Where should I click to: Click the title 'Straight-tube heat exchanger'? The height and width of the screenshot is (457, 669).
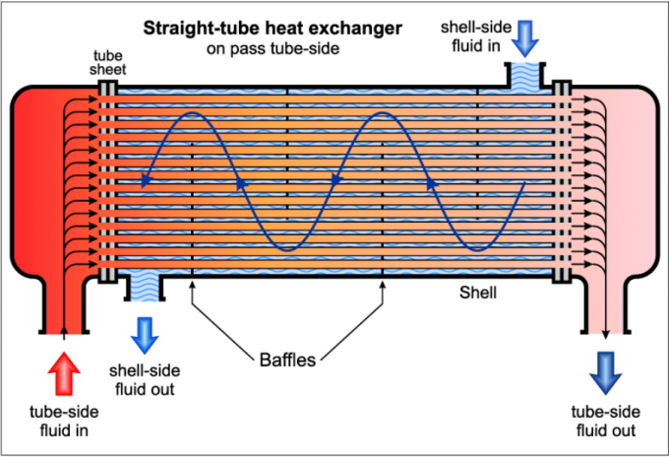273,29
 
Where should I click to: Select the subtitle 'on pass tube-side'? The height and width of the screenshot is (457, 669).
273,48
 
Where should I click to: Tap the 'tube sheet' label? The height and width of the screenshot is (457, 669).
108,62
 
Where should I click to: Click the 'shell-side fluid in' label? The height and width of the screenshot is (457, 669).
476,36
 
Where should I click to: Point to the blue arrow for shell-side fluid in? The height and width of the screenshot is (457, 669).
524,38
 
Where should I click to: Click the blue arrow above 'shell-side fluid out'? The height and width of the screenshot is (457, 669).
145,335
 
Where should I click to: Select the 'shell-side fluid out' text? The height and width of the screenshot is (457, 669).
145,380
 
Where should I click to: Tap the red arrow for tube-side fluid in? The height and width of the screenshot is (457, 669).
64,373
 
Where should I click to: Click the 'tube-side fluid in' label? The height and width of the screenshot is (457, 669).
64,422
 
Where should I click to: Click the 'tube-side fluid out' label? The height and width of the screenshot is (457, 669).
605,422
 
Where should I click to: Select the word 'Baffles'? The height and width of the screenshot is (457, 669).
287,359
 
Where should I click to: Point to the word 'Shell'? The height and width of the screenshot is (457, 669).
478,293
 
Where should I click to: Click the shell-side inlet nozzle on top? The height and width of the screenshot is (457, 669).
524,76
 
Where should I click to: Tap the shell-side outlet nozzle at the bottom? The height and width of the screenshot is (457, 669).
145,288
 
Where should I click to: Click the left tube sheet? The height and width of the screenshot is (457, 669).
107,181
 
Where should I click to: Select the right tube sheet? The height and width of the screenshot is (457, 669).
562,181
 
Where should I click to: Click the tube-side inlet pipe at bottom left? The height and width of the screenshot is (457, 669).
64,305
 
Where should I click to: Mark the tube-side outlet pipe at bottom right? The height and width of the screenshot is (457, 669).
605,305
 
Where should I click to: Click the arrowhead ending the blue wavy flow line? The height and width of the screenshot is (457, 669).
147,181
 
